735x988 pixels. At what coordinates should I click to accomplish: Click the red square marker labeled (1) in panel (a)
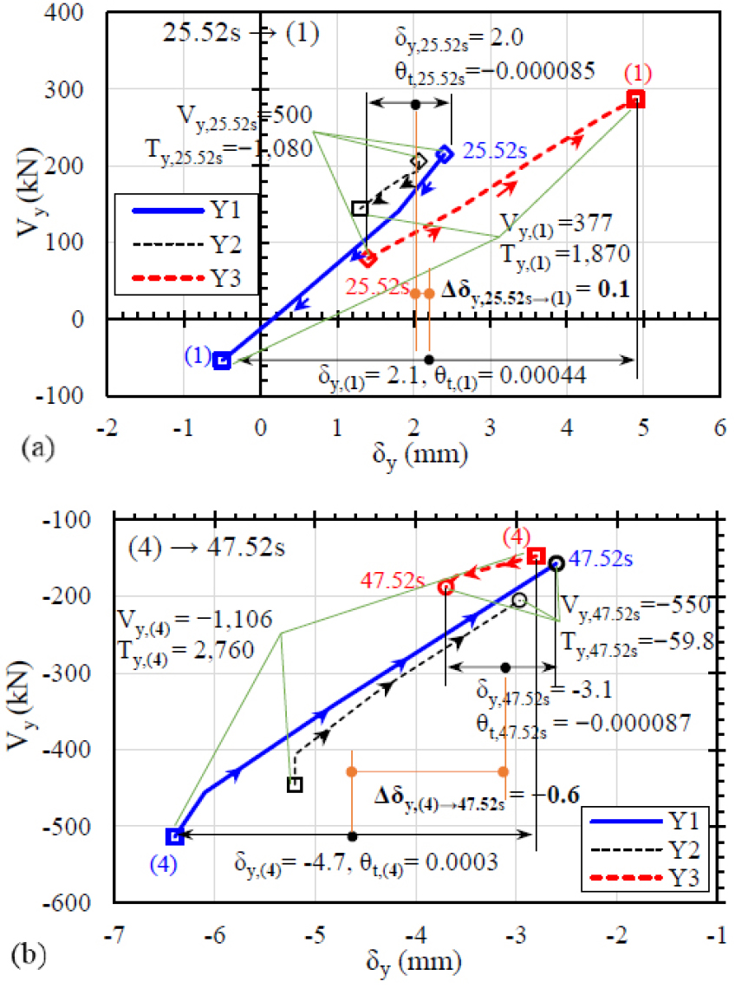(636, 99)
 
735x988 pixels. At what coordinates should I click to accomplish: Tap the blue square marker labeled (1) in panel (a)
(222, 361)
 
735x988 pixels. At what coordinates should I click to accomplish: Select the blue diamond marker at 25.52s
(445, 154)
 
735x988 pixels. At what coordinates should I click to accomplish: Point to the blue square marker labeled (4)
(175, 836)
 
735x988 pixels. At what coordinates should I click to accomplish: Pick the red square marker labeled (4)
(537, 556)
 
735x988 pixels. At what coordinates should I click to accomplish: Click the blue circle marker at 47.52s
(556, 563)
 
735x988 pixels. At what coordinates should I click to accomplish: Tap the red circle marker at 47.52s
(446, 588)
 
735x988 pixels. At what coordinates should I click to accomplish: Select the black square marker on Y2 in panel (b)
(295, 785)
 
